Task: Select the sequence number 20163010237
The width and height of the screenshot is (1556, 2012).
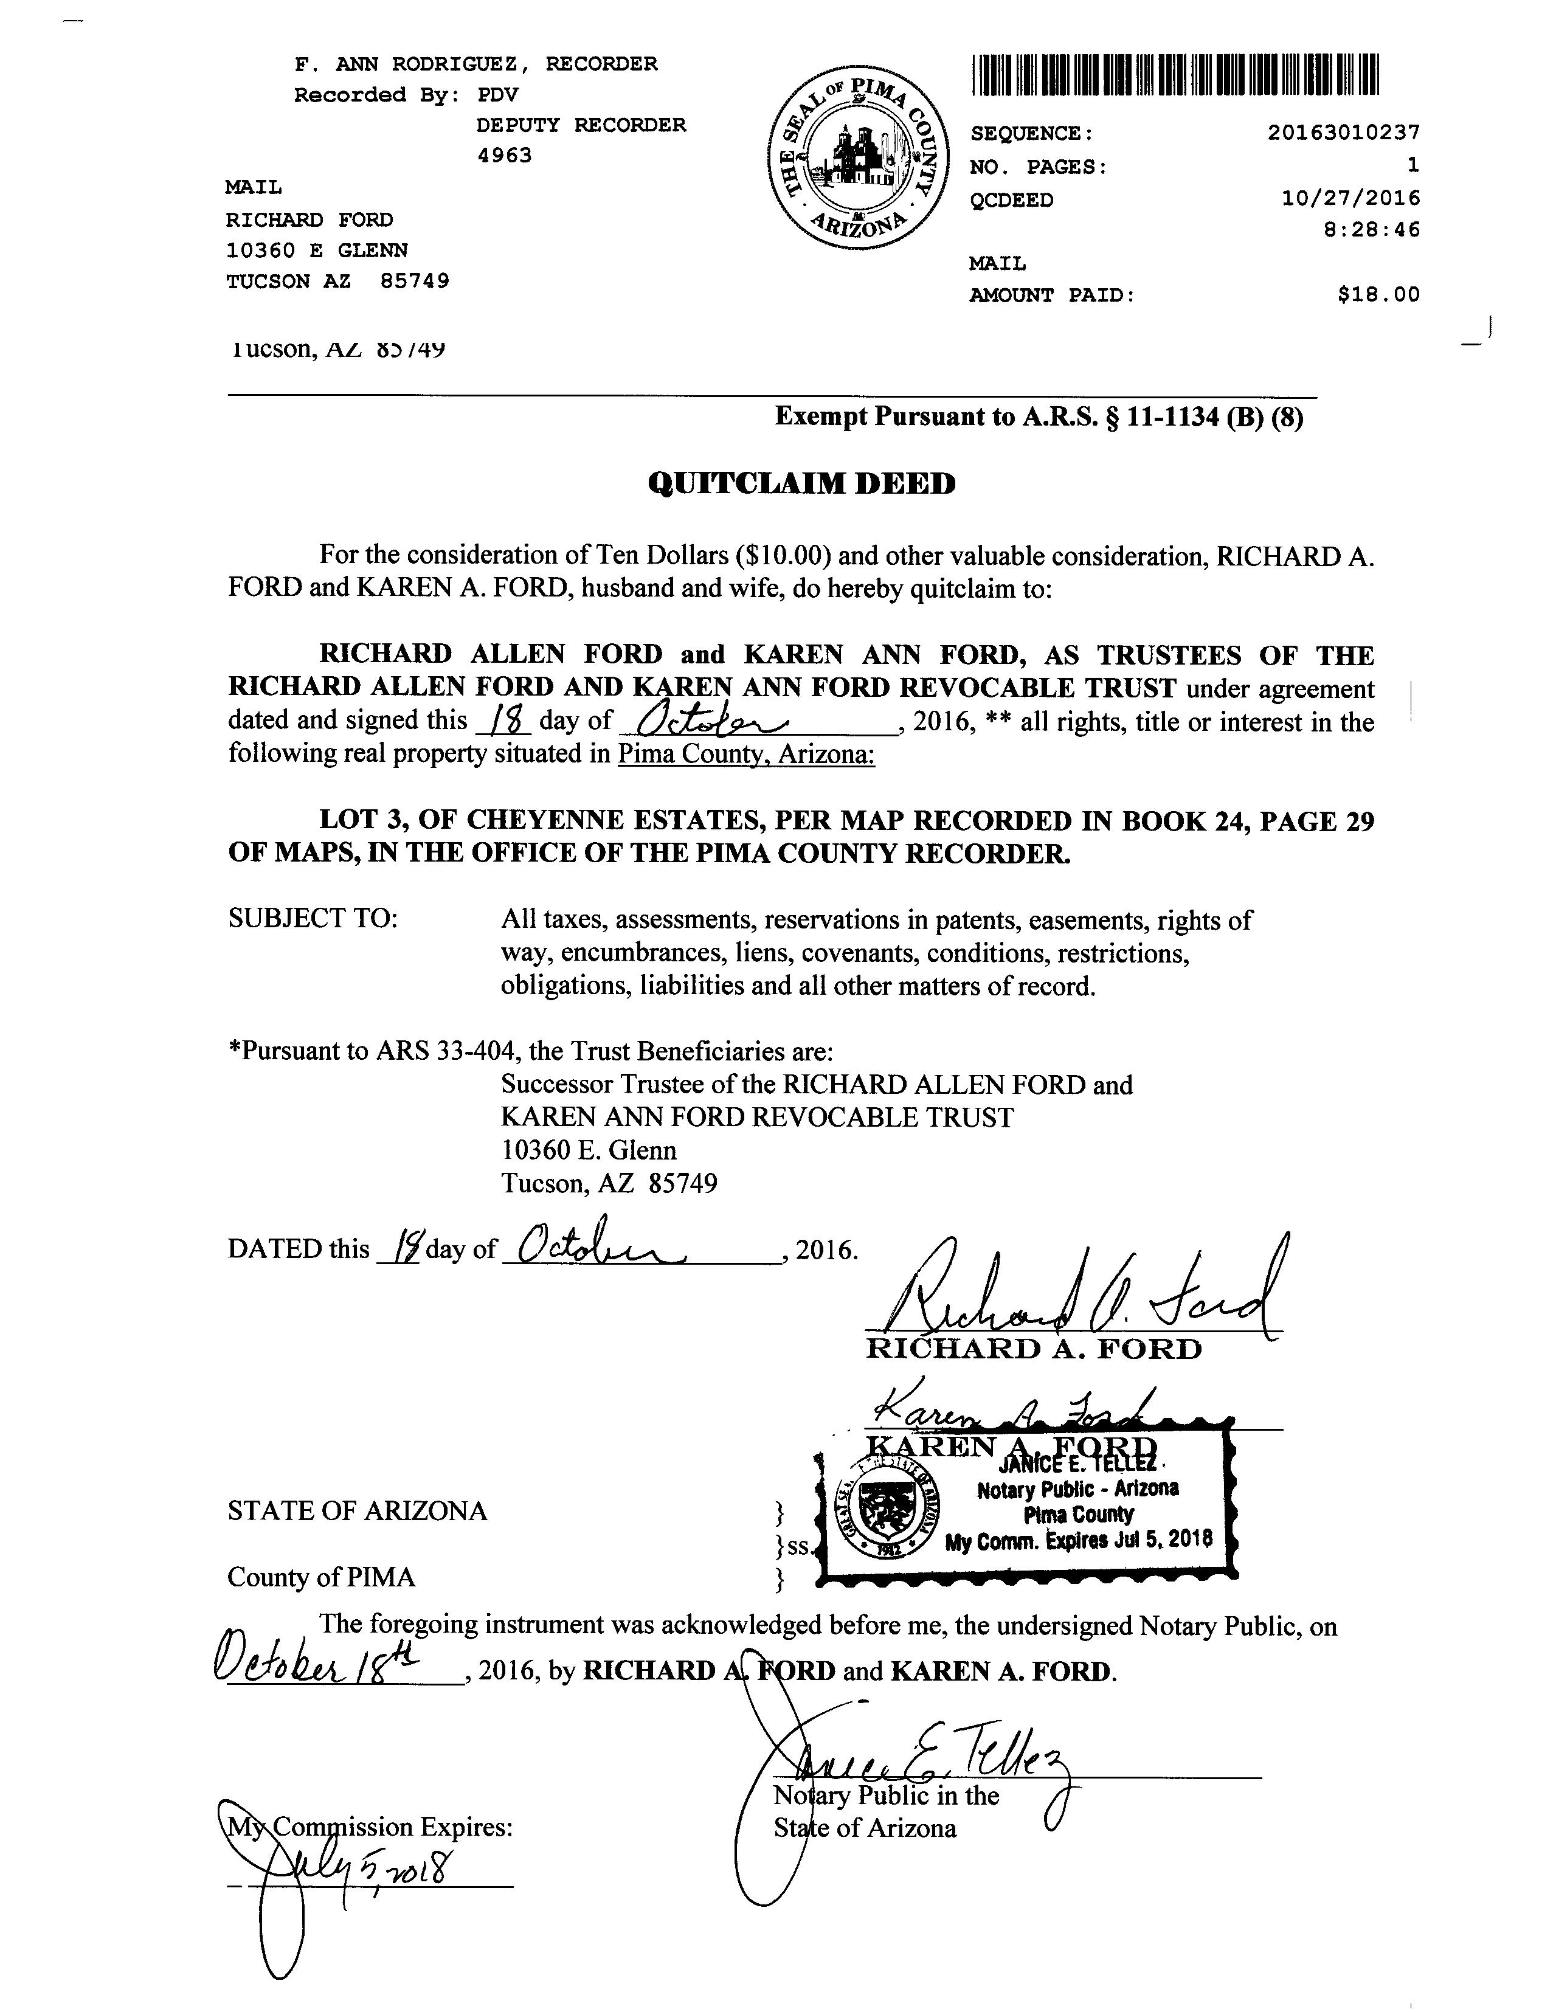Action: (x=1343, y=133)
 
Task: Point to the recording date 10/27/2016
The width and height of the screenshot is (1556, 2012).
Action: (x=1350, y=198)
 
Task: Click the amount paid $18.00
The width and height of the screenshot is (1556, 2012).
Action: (x=1378, y=295)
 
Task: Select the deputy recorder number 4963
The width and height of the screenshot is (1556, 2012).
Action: (x=505, y=156)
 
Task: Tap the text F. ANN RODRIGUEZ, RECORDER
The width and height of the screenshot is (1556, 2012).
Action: (x=475, y=64)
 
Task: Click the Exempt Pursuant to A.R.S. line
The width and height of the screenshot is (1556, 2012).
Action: (x=1039, y=417)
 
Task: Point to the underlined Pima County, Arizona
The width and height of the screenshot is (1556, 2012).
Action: (x=745, y=755)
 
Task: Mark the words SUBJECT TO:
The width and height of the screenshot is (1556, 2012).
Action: (x=313, y=919)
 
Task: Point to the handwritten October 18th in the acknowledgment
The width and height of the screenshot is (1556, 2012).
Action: (x=318, y=1665)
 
